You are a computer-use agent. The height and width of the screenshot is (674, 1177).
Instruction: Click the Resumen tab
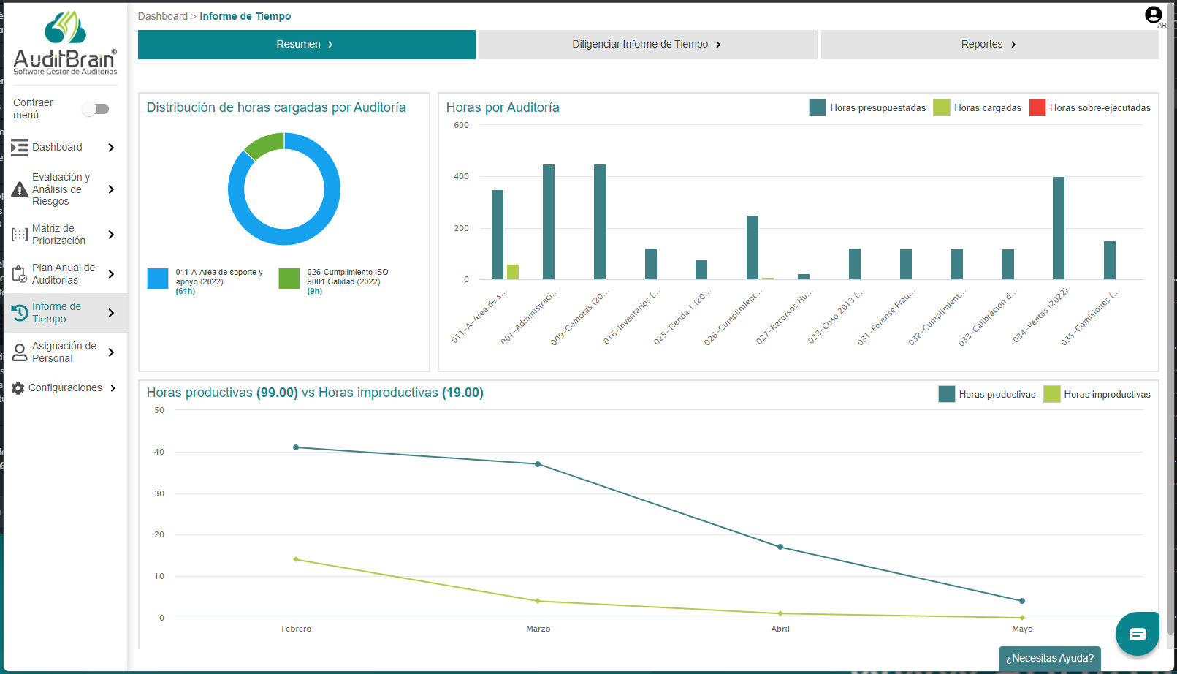tap(306, 45)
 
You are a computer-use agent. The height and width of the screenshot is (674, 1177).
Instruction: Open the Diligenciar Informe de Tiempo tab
tap(647, 45)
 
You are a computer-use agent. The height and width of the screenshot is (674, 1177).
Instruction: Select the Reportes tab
tap(989, 45)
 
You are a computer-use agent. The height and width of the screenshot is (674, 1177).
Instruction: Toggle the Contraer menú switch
tap(96, 109)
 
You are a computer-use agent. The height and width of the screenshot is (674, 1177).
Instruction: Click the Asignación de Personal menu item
tap(64, 352)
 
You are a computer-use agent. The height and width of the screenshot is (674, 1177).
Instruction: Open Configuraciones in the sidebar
tap(65, 388)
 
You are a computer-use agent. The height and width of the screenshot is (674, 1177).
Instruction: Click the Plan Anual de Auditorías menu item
tap(64, 274)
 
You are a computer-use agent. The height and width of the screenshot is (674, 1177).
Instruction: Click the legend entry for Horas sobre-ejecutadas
tap(1089, 108)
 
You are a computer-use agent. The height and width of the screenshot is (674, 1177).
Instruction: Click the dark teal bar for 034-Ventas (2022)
tap(1058, 228)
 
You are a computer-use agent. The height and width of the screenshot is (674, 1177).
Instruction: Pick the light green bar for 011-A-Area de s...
tap(513, 272)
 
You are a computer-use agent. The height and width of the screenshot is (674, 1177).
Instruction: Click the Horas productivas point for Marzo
tap(538, 464)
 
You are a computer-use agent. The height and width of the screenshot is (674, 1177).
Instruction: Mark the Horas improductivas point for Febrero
tap(296, 559)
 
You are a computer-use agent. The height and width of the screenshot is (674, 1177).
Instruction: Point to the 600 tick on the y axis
tap(461, 126)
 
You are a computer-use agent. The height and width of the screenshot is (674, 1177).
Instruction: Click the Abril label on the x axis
tap(780, 629)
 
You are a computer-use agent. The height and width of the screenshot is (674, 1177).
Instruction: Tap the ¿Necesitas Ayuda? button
tap(1049, 658)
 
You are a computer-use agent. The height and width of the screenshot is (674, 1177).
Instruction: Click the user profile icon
tap(1153, 15)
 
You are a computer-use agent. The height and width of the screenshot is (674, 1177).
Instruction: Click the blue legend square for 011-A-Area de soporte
tap(158, 279)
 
